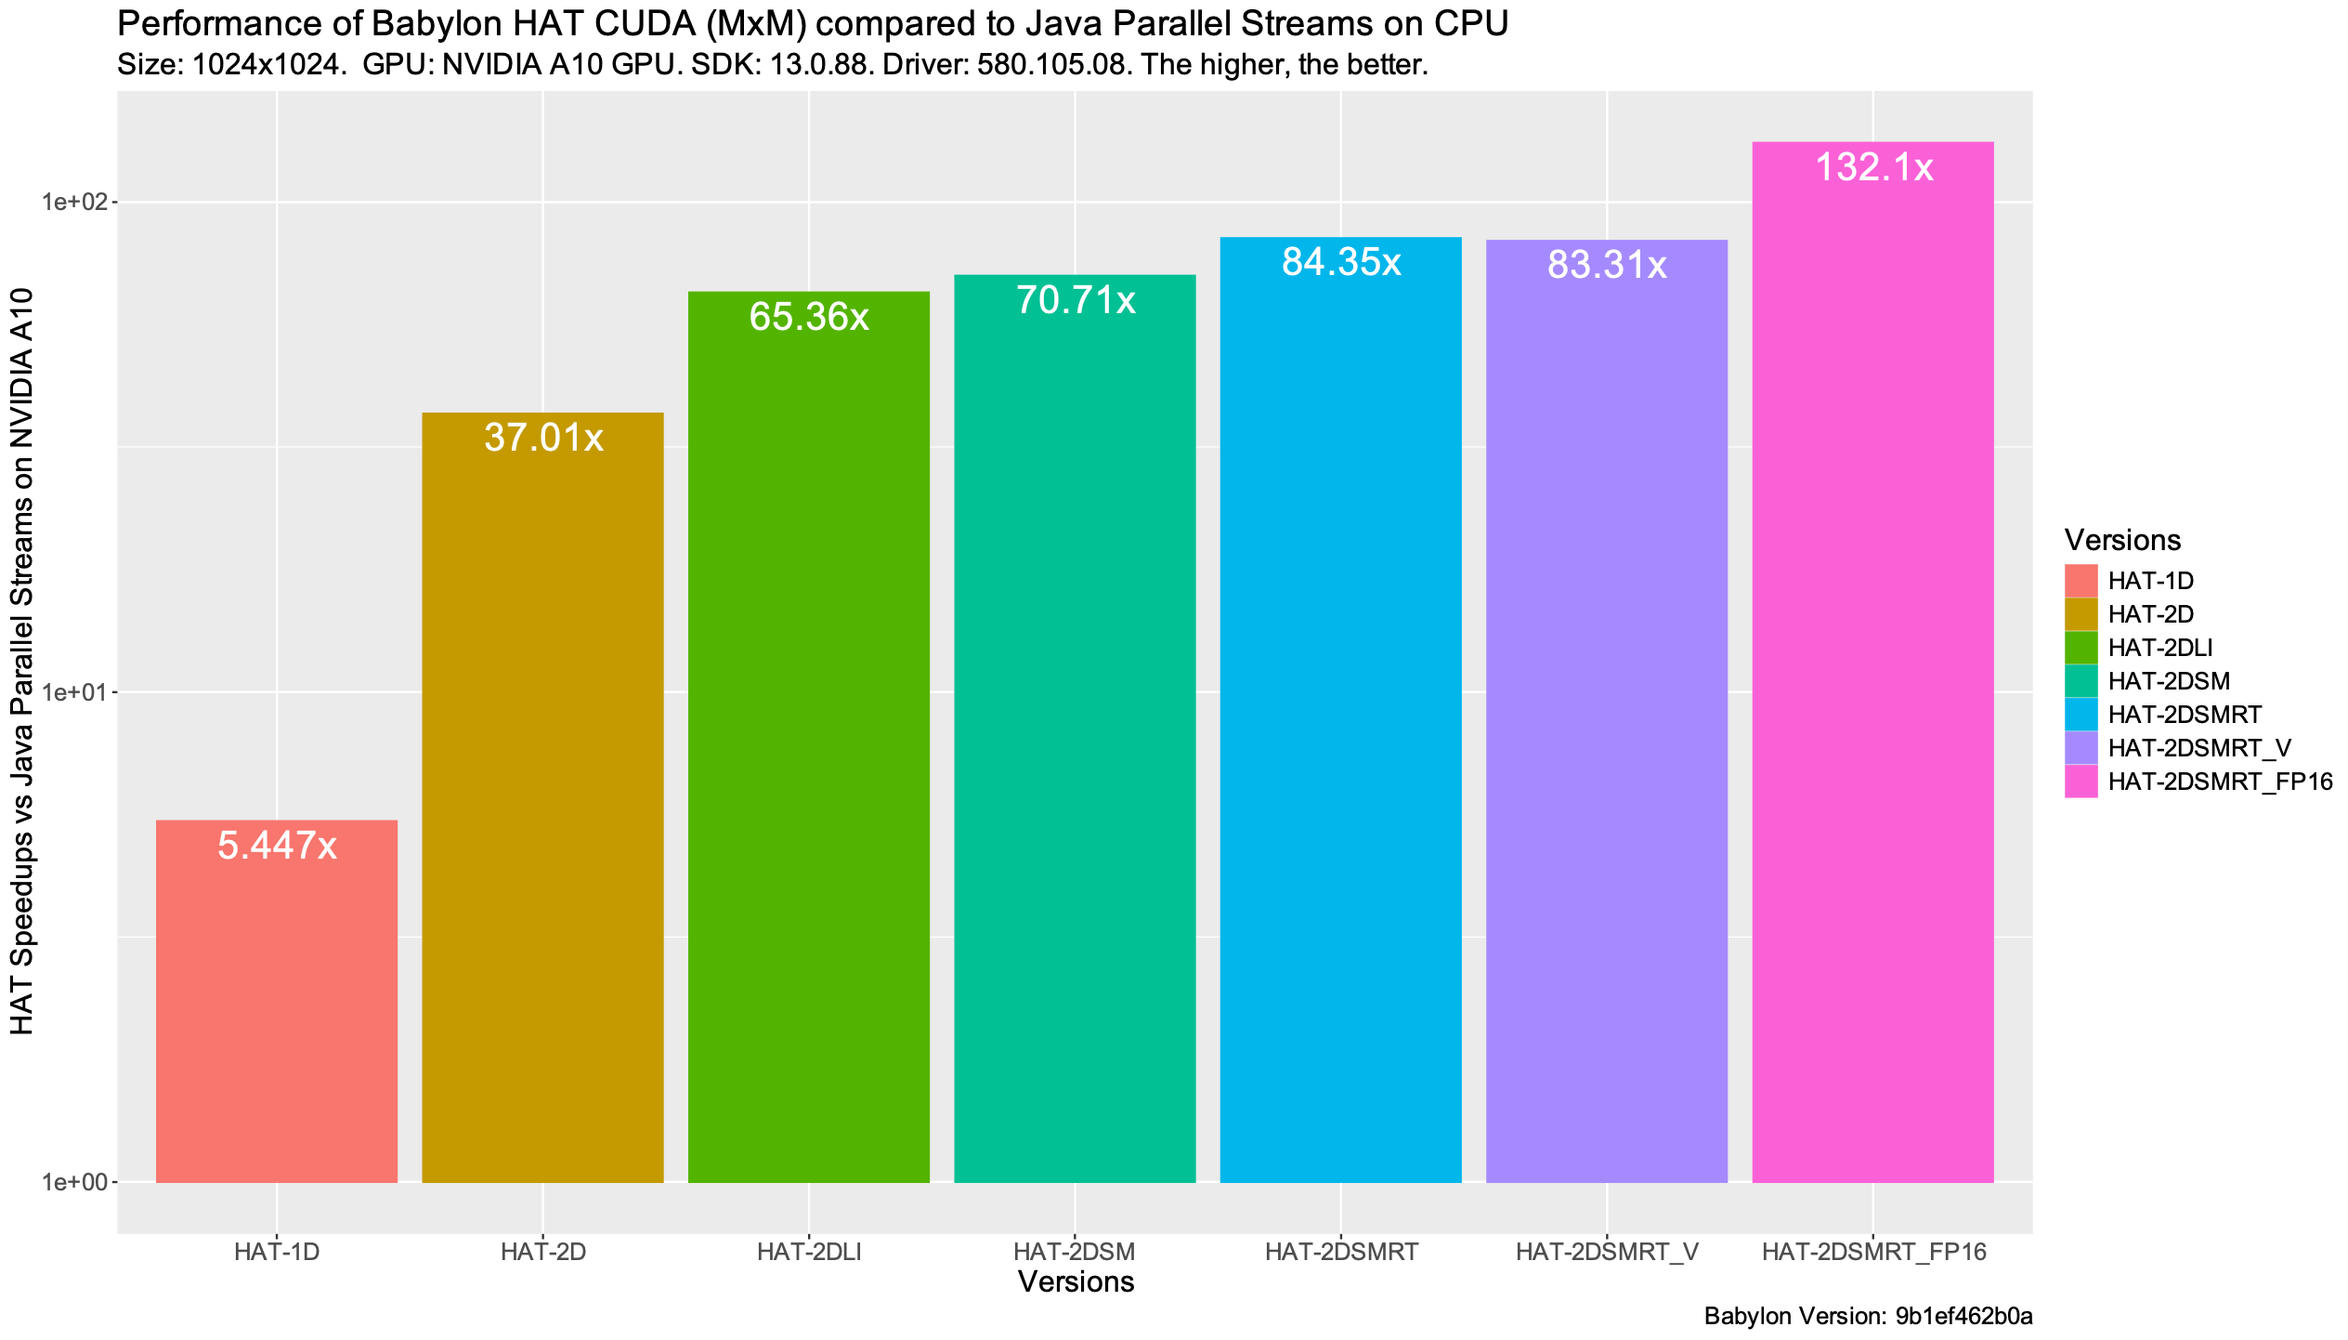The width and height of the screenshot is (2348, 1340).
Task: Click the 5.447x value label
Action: point(277,846)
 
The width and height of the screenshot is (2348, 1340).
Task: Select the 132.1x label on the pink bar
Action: point(1873,167)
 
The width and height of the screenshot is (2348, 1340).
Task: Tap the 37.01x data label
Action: point(543,438)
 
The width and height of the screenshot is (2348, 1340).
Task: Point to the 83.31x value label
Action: point(1607,266)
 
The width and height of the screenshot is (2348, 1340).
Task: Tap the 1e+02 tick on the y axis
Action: point(75,202)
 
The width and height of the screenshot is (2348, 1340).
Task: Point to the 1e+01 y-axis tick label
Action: point(75,692)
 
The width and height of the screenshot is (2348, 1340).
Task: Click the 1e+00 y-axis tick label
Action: point(75,1183)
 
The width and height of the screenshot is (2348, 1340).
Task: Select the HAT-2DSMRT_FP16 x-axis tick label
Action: point(1873,1252)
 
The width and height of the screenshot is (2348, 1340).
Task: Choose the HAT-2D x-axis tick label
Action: point(543,1252)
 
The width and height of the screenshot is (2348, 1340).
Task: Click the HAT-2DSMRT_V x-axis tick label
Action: point(1607,1252)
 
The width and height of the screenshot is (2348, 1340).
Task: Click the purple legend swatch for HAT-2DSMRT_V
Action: point(2081,748)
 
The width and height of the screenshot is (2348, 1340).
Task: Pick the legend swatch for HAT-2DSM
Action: point(2081,681)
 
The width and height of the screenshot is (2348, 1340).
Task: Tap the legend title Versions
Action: point(2122,540)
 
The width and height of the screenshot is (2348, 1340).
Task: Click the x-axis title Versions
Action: point(1076,1282)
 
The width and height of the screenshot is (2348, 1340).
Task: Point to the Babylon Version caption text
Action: point(1868,1316)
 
